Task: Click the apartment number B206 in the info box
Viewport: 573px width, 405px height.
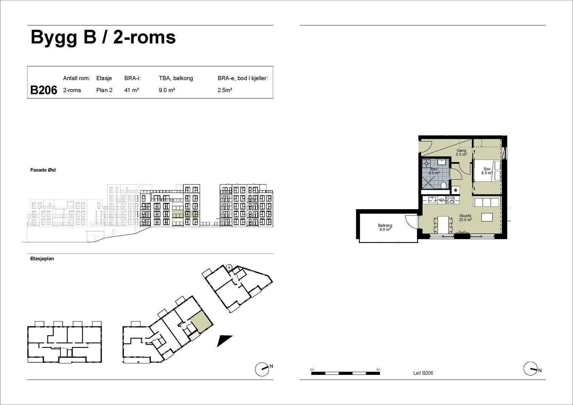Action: tap(43, 90)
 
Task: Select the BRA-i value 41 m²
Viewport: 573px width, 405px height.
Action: tap(131, 90)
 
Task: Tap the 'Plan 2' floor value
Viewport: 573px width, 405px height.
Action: tap(104, 90)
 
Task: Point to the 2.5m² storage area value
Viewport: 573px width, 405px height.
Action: tap(225, 90)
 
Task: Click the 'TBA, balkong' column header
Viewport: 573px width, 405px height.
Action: tap(176, 78)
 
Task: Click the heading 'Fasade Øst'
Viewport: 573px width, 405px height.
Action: tap(43, 170)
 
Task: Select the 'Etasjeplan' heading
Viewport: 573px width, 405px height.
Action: tap(42, 259)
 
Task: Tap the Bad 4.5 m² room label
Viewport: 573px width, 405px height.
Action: tap(434, 171)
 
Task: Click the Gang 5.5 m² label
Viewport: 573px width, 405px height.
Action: tap(462, 153)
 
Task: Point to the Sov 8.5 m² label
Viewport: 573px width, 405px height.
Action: tap(487, 171)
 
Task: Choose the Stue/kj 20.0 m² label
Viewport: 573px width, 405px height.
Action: tap(465, 218)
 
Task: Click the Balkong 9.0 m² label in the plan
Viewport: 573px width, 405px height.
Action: tap(385, 227)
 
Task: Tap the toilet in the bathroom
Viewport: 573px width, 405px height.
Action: tap(444, 185)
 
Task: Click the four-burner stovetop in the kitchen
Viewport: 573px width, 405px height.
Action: tap(450, 200)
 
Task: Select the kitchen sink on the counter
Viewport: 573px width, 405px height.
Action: tap(432, 199)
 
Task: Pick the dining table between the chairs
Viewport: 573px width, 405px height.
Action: tap(443, 225)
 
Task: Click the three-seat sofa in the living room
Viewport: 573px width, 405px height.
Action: tap(487, 202)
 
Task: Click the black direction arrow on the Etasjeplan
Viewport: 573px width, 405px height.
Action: tap(224, 341)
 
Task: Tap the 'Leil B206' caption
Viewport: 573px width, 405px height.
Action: tap(423, 373)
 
